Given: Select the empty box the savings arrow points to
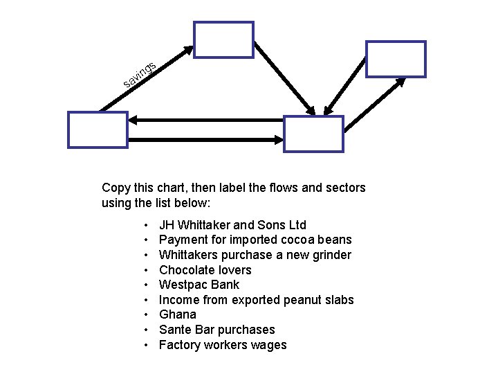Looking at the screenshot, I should [223, 39].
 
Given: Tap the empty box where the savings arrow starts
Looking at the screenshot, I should [98, 130].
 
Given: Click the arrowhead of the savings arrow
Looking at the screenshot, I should [189, 51].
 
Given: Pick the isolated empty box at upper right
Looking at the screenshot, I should [396, 59].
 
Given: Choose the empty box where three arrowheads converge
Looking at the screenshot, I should [313, 134].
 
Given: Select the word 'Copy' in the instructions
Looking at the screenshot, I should [116, 188].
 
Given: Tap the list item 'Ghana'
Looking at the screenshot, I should [177, 314].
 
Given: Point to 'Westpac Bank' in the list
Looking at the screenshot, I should [199, 285].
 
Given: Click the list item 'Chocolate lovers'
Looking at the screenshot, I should [205, 270].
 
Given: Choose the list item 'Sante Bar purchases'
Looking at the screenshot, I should [216, 330].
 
